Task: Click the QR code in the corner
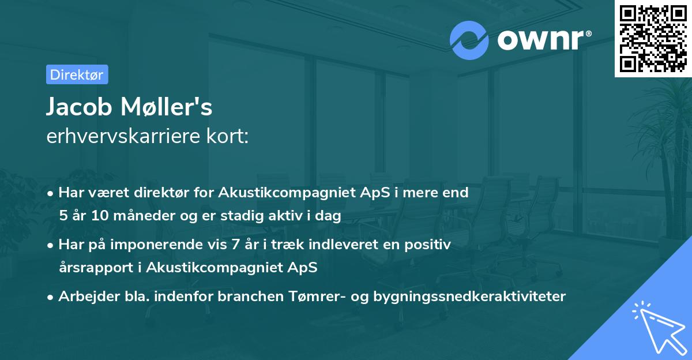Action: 653,38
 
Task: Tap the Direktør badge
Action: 77,74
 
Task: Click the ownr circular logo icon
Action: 469,40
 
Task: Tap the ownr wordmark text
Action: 543,40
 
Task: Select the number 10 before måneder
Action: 107,216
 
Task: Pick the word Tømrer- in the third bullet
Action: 311,297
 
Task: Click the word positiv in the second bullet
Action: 430,245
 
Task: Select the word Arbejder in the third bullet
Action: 84,297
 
